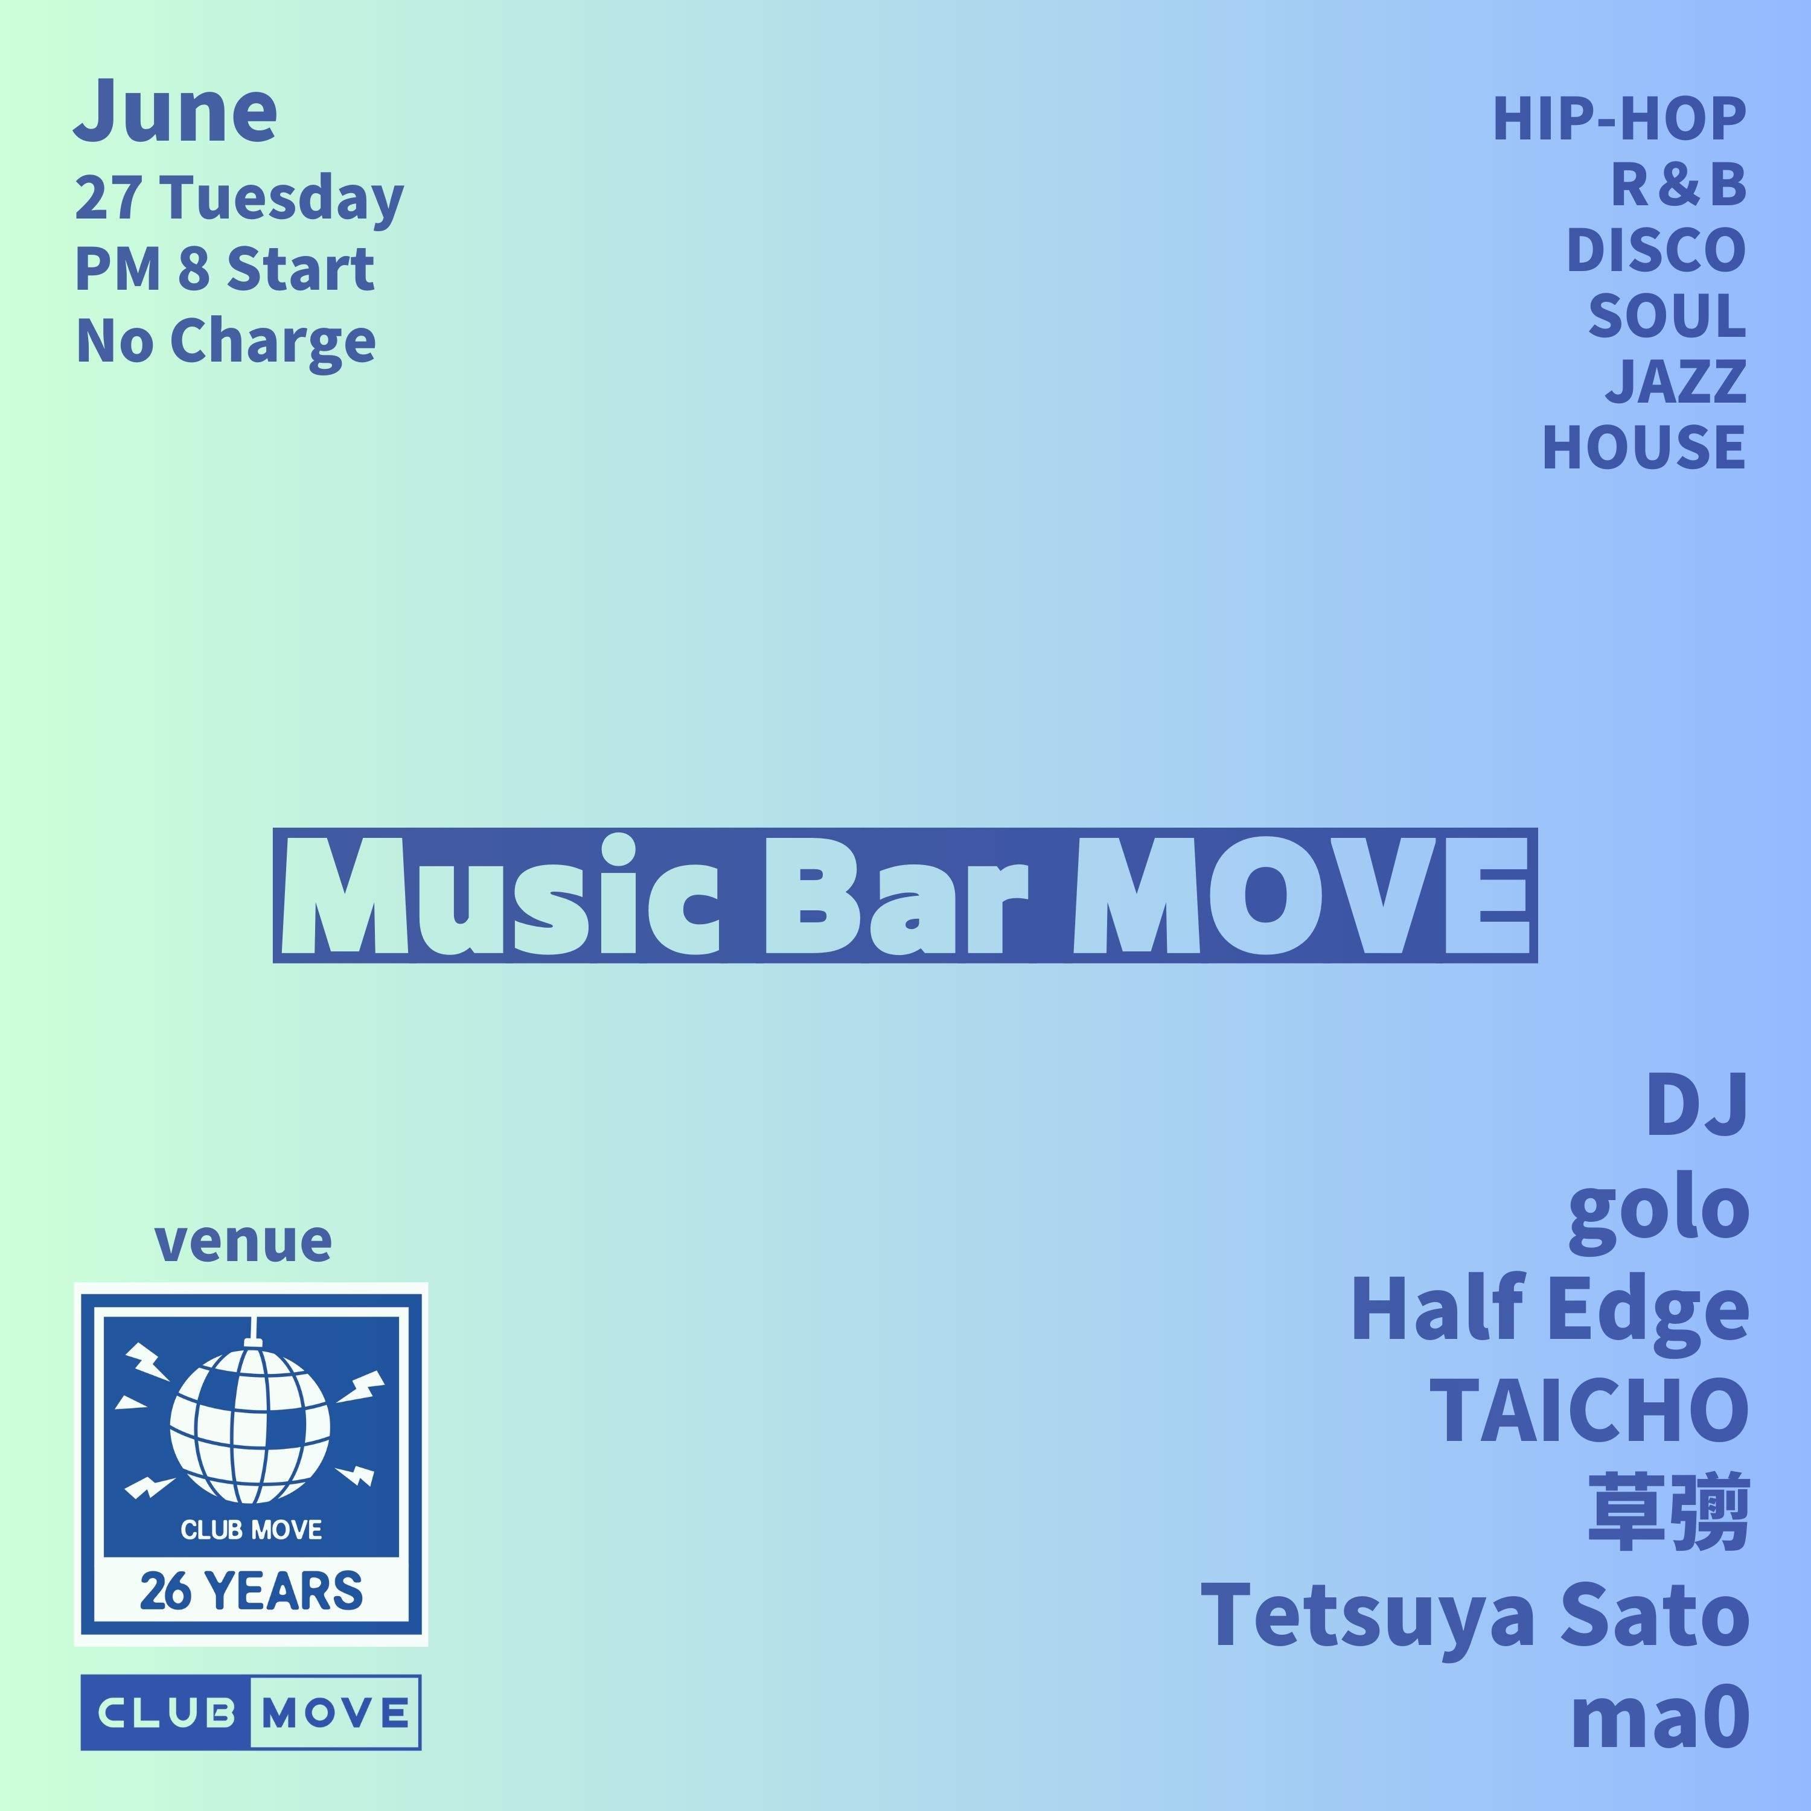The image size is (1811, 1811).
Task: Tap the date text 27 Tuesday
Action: point(239,199)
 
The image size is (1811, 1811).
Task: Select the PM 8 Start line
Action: point(225,269)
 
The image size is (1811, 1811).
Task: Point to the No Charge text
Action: point(226,340)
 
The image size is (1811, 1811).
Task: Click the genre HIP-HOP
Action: point(1619,120)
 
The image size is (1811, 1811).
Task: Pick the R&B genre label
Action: point(1678,185)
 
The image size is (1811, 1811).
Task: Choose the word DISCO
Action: point(1655,251)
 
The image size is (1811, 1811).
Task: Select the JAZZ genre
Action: point(1676,382)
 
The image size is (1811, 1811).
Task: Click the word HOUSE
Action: point(1643,447)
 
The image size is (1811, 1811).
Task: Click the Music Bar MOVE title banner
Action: point(904,895)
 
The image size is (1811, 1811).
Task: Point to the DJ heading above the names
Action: point(1697,1106)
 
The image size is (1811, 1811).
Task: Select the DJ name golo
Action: point(1657,1209)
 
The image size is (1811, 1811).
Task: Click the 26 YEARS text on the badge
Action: point(251,1591)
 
